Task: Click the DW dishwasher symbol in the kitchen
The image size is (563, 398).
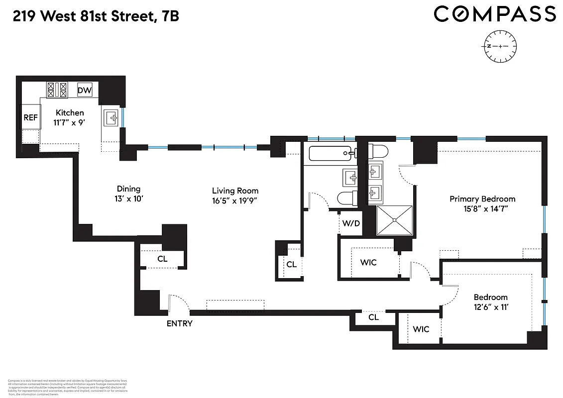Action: (85, 91)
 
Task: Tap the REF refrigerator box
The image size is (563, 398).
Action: (30, 118)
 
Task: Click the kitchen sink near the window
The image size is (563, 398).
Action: (111, 118)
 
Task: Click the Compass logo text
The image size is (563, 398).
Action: (494, 14)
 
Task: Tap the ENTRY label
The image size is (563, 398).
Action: (179, 323)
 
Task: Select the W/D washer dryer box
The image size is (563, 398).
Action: (350, 223)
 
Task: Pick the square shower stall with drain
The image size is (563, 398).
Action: (394, 220)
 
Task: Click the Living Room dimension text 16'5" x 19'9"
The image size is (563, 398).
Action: (235, 201)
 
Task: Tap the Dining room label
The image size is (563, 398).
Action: (128, 189)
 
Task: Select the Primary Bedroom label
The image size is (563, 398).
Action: (482, 199)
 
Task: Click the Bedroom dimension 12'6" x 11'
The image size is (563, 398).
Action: (490, 307)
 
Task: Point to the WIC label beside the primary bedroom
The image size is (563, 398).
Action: (368, 262)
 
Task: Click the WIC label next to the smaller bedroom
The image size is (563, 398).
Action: (421, 329)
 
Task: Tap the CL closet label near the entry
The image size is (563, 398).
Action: (162, 259)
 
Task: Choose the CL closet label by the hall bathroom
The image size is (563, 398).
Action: (291, 264)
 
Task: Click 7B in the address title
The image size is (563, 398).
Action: (170, 16)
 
